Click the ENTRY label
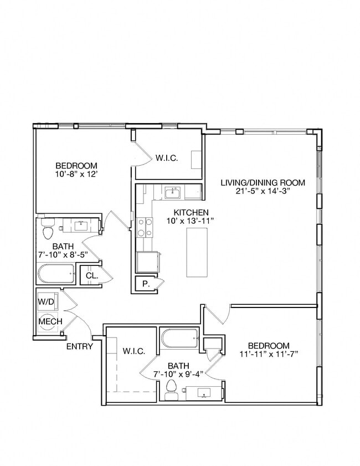[x=80, y=347]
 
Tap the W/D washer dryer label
[x=46, y=302]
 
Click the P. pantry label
[x=146, y=284]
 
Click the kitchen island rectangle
[x=198, y=252]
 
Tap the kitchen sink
[x=172, y=193]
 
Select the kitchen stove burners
[x=145, y=227]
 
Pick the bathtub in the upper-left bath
[x=58, y=274]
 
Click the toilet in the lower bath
[x=171, y=387]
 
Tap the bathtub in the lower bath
[x=180, y=337]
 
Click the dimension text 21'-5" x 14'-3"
[x=263, y=191]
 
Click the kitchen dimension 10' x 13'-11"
[x=191, y=221]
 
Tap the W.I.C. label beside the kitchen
[x=166, y=158]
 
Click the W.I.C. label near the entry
[x=133, y=351]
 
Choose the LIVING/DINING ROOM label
[x=263, y=182]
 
